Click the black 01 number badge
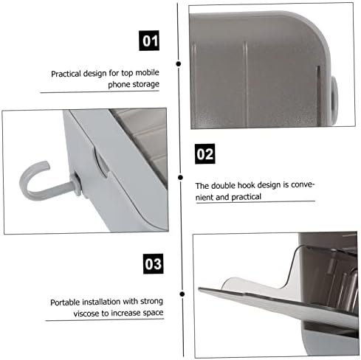click(149, 41)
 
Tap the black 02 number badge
click(204, 153)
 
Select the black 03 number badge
click(153, 263)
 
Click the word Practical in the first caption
click(66, 74)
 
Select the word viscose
click(86, 314)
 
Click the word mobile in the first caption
click(147, 72)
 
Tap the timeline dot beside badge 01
click(179, 63)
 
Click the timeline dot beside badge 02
click(180, 177)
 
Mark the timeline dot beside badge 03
click(182, 294)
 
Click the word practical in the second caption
click(246, 197)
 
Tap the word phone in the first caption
click(120, 85)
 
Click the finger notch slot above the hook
click(101, 162)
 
